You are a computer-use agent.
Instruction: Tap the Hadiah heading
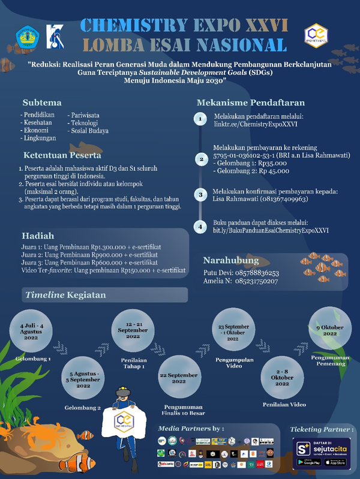pyautogui.click(x=38, y=235)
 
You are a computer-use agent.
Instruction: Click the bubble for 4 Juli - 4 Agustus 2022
pyautogui.click(x=29, y=333)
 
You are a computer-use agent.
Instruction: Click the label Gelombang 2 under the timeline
pyautogui.click(x=83, y=408)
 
